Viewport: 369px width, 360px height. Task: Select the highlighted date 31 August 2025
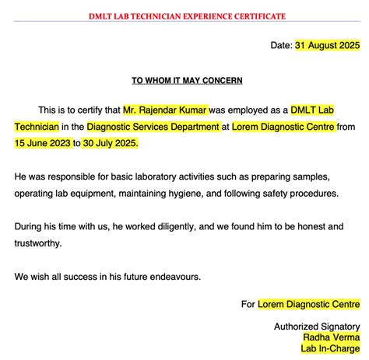[327, 45]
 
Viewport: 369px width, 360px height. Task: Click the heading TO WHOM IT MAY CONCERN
[187, 80]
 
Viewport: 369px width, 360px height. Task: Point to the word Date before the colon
[280, 45]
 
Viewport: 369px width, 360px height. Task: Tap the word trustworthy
[39, 243]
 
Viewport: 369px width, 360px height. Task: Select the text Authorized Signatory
[317, 327]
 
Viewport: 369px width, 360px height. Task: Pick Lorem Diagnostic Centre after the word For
[309, 304]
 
